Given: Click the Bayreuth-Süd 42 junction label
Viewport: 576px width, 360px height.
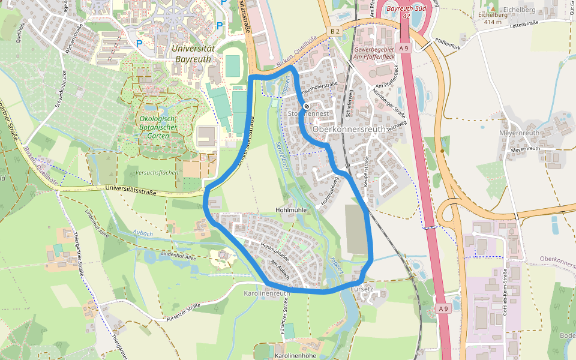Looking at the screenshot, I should click(x=406, y=13).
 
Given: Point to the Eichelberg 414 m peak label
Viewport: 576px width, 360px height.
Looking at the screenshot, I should click(x=487, y=18).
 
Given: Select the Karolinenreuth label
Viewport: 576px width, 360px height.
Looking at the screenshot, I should click(x=267, y=293).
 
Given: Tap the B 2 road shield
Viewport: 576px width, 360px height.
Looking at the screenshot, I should click(x=334, y=31).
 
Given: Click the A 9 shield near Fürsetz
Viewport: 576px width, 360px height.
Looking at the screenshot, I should click(x=443, y=308).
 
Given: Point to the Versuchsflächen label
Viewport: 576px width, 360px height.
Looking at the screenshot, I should click(x=158, y=173).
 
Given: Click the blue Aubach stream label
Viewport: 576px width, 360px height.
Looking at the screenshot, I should click(x=143, y=233).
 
